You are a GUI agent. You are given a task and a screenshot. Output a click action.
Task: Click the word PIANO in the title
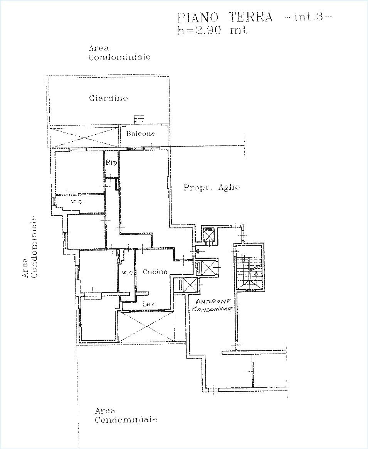point(198,17)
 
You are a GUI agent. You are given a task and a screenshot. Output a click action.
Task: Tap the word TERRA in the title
point(250,17)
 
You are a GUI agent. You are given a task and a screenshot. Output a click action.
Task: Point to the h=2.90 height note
point(199,30)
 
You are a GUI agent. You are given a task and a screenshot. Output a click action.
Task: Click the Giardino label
point(108,98)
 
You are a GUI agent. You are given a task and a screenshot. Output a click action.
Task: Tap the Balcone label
point(140,134)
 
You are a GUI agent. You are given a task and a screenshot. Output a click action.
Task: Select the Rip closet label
point(111,163)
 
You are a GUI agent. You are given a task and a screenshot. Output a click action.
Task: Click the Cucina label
point(155,272)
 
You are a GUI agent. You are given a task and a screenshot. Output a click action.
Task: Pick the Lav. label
point(150,304)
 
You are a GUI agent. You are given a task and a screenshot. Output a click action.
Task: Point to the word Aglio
point(229,187)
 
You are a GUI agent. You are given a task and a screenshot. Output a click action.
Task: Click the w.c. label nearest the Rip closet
point(77,202)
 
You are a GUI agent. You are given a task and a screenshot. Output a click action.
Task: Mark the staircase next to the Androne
point(249,273)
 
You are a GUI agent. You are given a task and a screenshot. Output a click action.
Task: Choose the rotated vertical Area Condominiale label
point(30,247)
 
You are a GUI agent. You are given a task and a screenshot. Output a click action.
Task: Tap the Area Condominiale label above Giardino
point(119,53)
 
